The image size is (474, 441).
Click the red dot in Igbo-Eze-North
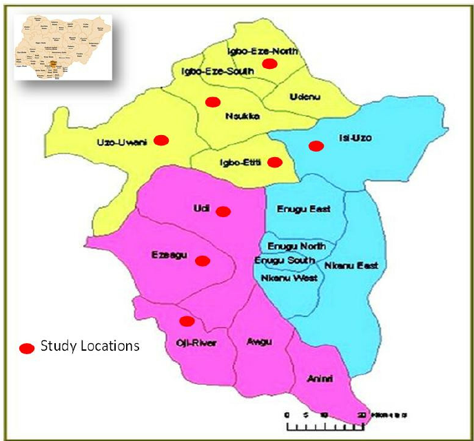point(270,63)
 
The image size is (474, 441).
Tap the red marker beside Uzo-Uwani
point(161,140)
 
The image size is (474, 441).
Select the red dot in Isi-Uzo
point(316,145)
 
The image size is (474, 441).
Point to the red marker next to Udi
point(223,212)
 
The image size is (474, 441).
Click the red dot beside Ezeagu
point(203,260)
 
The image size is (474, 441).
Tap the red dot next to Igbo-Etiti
point(275,162)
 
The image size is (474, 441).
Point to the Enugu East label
point(304,209)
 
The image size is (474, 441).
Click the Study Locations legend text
point(90,345)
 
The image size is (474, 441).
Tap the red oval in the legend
point(27,348)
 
